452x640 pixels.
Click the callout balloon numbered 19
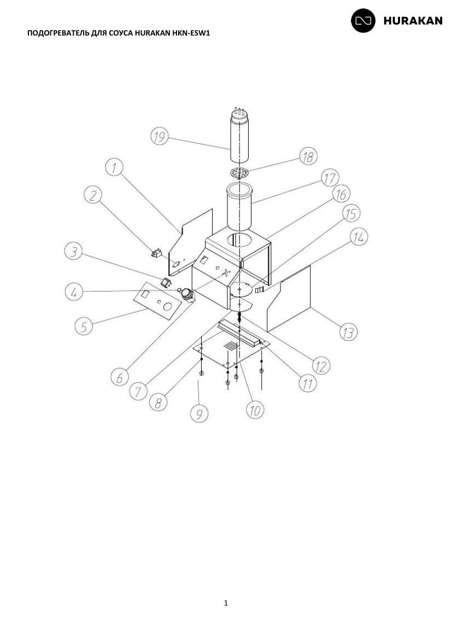coord(160,136)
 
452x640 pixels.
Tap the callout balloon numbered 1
coord(114,167)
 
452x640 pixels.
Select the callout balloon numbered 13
coord(348,332)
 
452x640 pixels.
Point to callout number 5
coord(84,326)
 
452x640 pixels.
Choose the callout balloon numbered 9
coord(199,414)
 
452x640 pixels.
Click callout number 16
coord(341,194)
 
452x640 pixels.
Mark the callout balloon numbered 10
coord(255,410)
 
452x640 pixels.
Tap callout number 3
coord(73,252)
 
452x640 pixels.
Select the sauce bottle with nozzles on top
coord(239,134)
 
